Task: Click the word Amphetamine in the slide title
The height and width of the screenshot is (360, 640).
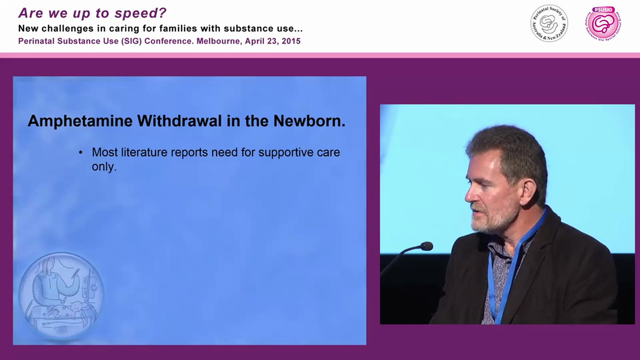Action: click(x=80, y=121)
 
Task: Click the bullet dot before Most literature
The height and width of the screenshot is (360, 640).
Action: click(x=81, y=152)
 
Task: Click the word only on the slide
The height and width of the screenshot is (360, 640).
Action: click(x=104, y=167)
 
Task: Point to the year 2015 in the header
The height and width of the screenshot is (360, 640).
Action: click(x=291, y=41)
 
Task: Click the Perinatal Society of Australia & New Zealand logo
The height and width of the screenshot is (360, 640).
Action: click(x=549, y=23)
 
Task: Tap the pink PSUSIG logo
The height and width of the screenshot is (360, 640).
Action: click(x=604, y=23)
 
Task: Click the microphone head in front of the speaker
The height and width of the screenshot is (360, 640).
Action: click(x=426, y=246)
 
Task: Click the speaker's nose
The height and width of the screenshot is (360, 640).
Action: click(x=469, y=196)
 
